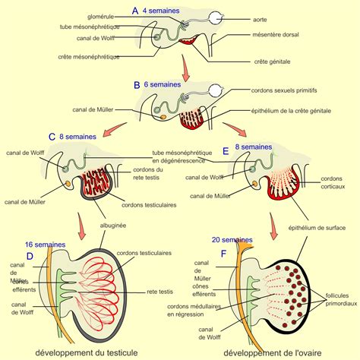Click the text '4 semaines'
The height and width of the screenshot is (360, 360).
click(164, 11)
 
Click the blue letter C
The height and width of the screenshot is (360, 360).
click(52, 137)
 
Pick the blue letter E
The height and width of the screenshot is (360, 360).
click(226, 151)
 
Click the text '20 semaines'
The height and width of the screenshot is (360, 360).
click(231, 240)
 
